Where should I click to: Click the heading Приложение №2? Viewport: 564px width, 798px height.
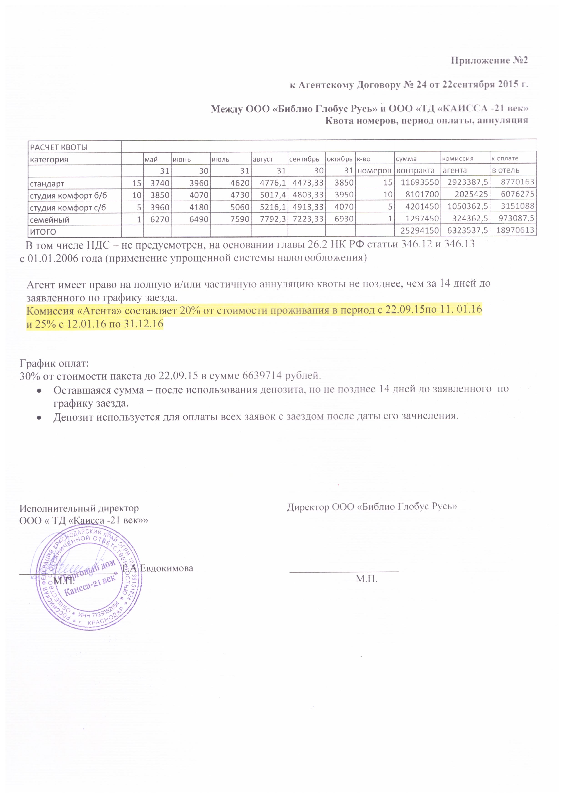(489, 61)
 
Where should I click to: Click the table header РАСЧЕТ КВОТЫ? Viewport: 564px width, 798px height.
(59, 147)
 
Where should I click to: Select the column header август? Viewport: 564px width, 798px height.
(262, 159)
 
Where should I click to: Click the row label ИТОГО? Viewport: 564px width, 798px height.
(43, 232)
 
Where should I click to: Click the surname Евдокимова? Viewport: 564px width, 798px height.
(166, 569)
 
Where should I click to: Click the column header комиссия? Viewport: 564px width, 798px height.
(457, 159)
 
